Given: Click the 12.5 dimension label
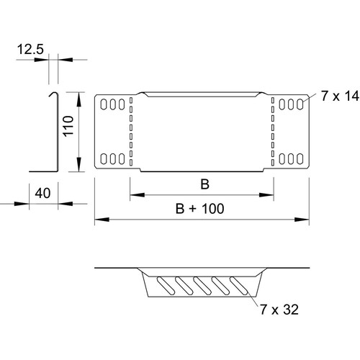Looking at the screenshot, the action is pos(30,50).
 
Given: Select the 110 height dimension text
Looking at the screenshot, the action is pos(68,126).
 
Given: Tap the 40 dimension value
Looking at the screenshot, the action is pos(42,193).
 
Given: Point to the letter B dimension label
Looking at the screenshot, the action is pos(204,184).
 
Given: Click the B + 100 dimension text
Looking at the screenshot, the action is pos(200,209).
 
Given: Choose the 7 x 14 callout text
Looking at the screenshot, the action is pos(340,96).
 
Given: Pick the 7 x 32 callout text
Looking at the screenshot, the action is pos(279,310).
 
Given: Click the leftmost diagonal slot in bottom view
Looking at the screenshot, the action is pos(166,286).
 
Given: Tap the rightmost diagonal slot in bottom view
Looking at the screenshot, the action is pos(239,286).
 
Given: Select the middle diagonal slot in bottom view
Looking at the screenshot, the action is pos(202,286).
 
